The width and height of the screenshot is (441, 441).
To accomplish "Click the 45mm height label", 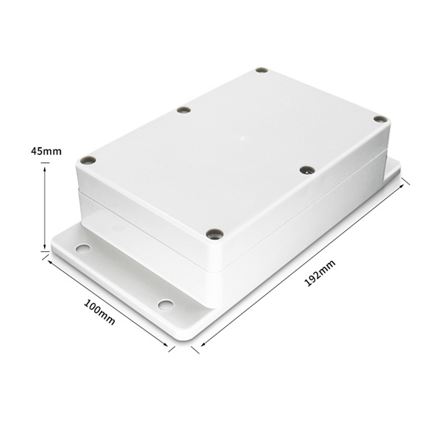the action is [x=46, y=151].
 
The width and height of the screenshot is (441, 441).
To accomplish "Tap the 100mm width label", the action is [x=99, y=312].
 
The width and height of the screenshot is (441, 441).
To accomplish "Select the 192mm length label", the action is [x=320, y=273].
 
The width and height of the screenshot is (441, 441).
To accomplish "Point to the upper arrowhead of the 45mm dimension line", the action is [x=45, y=170].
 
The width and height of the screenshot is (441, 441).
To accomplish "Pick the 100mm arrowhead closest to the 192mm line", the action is [x=165, y=344].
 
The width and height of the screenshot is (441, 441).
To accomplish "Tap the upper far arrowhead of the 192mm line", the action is [x=401, y=186].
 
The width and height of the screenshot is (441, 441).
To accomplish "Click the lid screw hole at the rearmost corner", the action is [x=262, y=71].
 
